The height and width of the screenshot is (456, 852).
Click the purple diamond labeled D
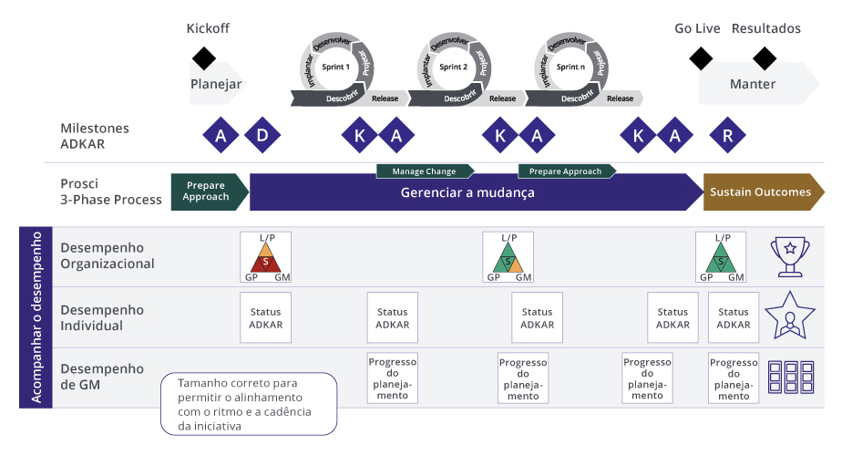[262, 136]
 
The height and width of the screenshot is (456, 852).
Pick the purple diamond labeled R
[726, 136]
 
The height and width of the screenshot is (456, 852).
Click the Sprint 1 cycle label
[335, 67]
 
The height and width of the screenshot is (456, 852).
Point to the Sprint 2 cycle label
[453, 67]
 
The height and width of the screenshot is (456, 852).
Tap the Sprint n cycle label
[570, 67]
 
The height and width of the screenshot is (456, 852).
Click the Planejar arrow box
[216, 84]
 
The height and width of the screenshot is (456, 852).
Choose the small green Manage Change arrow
[425, 171]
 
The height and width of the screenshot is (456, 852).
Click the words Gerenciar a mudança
[467, 193]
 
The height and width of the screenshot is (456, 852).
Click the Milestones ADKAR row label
[95, 136]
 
